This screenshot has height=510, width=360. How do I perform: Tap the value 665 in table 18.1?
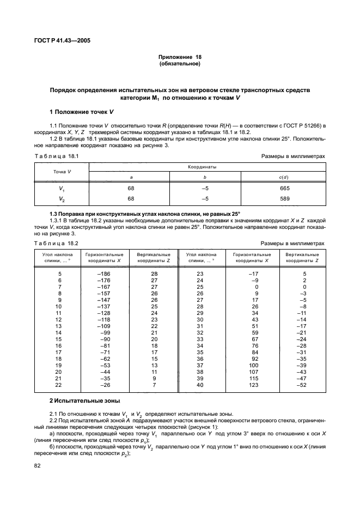point(284,188)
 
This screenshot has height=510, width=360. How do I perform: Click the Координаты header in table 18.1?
point(199,167)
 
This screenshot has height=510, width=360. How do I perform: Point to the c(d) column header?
point(284,177)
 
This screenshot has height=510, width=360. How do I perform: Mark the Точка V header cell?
point(62,172)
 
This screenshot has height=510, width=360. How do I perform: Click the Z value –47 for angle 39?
point(305,379)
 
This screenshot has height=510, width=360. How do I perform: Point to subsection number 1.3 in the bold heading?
point(53,214)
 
